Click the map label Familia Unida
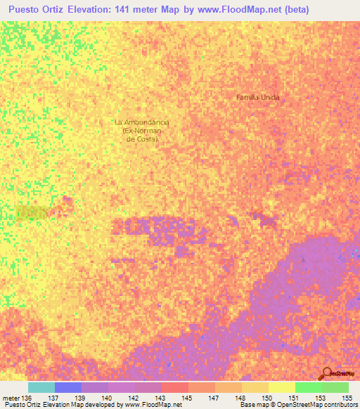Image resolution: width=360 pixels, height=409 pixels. pos(257,97)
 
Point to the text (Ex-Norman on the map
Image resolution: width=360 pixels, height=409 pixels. pos(143,131)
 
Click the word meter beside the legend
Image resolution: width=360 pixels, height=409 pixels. pos(11,397)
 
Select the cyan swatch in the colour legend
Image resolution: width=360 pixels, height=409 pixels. pos(41,387)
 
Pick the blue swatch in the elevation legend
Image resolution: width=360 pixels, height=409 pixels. pos(68,387)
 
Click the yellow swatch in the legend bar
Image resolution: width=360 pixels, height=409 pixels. pos(281,387)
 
